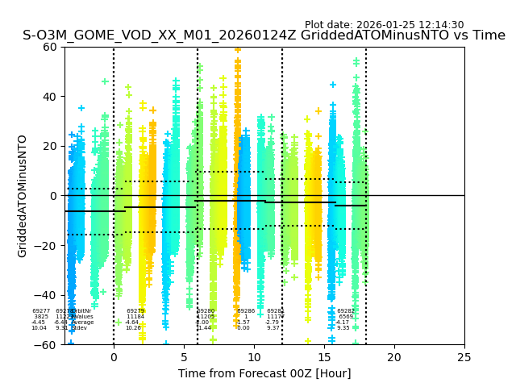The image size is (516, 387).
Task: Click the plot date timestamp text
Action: [384, 25]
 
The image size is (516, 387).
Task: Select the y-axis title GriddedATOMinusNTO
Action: [23, 196]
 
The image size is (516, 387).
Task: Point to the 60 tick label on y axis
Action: [51, 47]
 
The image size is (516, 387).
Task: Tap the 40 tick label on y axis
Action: [51, 97]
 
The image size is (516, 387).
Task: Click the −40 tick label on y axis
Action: [47, 295]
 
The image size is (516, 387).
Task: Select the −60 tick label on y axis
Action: [47, 345]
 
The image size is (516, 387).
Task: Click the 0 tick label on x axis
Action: [114, 357]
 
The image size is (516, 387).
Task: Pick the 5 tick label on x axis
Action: [184, 357]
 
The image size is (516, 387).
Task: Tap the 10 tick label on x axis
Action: [254, 357]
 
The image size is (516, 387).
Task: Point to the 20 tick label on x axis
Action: [394, 357]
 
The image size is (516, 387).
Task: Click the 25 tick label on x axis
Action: [464, 357]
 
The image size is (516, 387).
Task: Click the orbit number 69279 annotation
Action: [135, 311]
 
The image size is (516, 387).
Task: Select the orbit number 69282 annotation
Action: [346, 311]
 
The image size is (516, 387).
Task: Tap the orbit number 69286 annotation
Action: [246, 311]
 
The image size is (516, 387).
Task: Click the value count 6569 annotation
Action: [346, 317]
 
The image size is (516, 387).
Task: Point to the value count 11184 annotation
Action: [135, 317]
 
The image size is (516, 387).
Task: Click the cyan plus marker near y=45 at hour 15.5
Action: [332, 85]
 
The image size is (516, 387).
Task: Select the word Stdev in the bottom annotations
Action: [80, 328]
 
